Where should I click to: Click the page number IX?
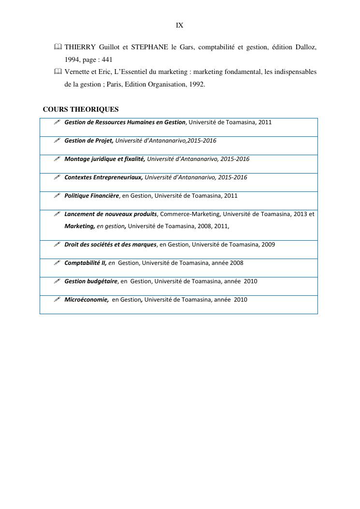[x=180, y=25]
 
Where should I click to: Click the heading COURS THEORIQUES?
[x=81, y=110]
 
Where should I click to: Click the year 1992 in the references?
[x=196, y=84]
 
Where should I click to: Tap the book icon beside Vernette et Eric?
[x=58, y=72]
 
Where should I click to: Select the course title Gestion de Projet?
[x=89, y=141]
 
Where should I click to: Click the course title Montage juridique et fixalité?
[x=104, y=159]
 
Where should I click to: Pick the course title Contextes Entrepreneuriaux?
[x=103, y=177]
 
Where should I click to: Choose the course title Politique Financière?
[x=91, y=196]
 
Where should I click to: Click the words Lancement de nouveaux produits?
[x=111, y=214]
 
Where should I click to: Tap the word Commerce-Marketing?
[x=189, y=214]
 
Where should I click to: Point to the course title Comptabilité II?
[x=85, y=263]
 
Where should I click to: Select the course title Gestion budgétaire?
[x=91, y=281]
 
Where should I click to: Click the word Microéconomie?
[x=86, y=300]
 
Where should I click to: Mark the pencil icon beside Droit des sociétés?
[x=57, y=245]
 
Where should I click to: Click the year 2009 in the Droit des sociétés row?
[x=268, y=245]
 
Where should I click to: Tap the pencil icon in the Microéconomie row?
[x=57, y=300]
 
